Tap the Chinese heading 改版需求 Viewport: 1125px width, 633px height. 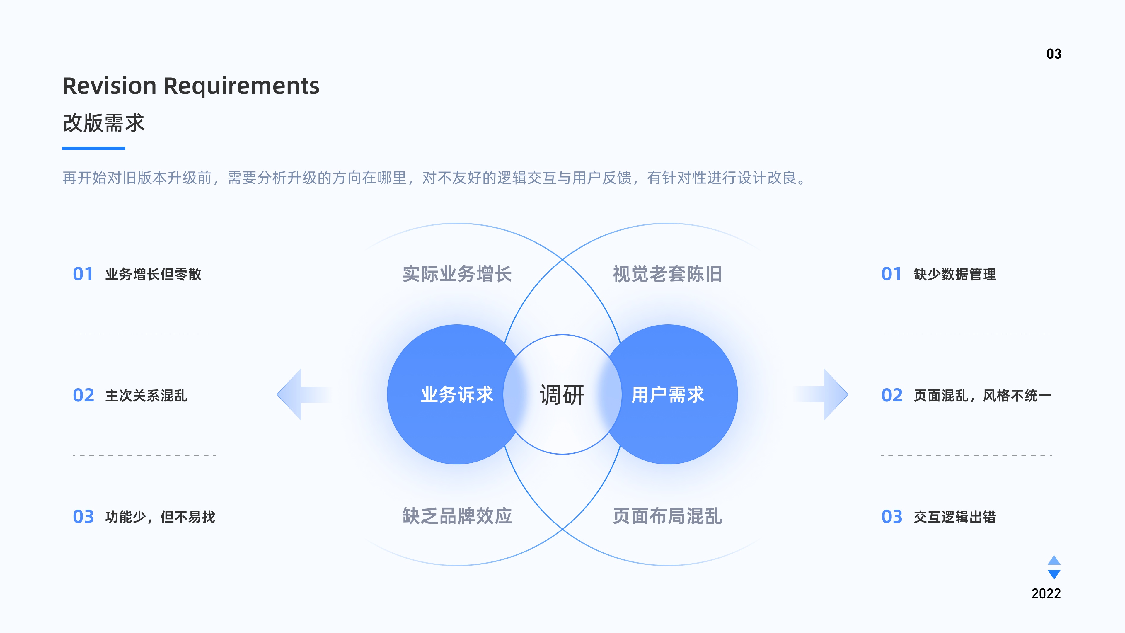[103, 123]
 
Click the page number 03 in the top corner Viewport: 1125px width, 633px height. [1054, 54]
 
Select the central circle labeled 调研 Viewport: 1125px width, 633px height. [562, 394]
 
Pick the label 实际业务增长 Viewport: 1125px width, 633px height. [457, 274]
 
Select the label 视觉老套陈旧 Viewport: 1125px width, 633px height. [667, 274]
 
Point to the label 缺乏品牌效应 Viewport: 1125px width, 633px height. [457, 516]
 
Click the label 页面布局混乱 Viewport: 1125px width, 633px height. [667, 516]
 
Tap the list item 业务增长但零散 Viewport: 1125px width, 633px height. [153, 274]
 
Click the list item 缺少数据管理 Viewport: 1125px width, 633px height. [955, 274]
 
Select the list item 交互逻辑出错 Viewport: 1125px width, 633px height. [955, 517]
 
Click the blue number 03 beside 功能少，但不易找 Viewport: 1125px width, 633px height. [83, 517]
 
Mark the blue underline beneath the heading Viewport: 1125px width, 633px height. [93, 148]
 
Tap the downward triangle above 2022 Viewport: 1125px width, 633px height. [1054, 574]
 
